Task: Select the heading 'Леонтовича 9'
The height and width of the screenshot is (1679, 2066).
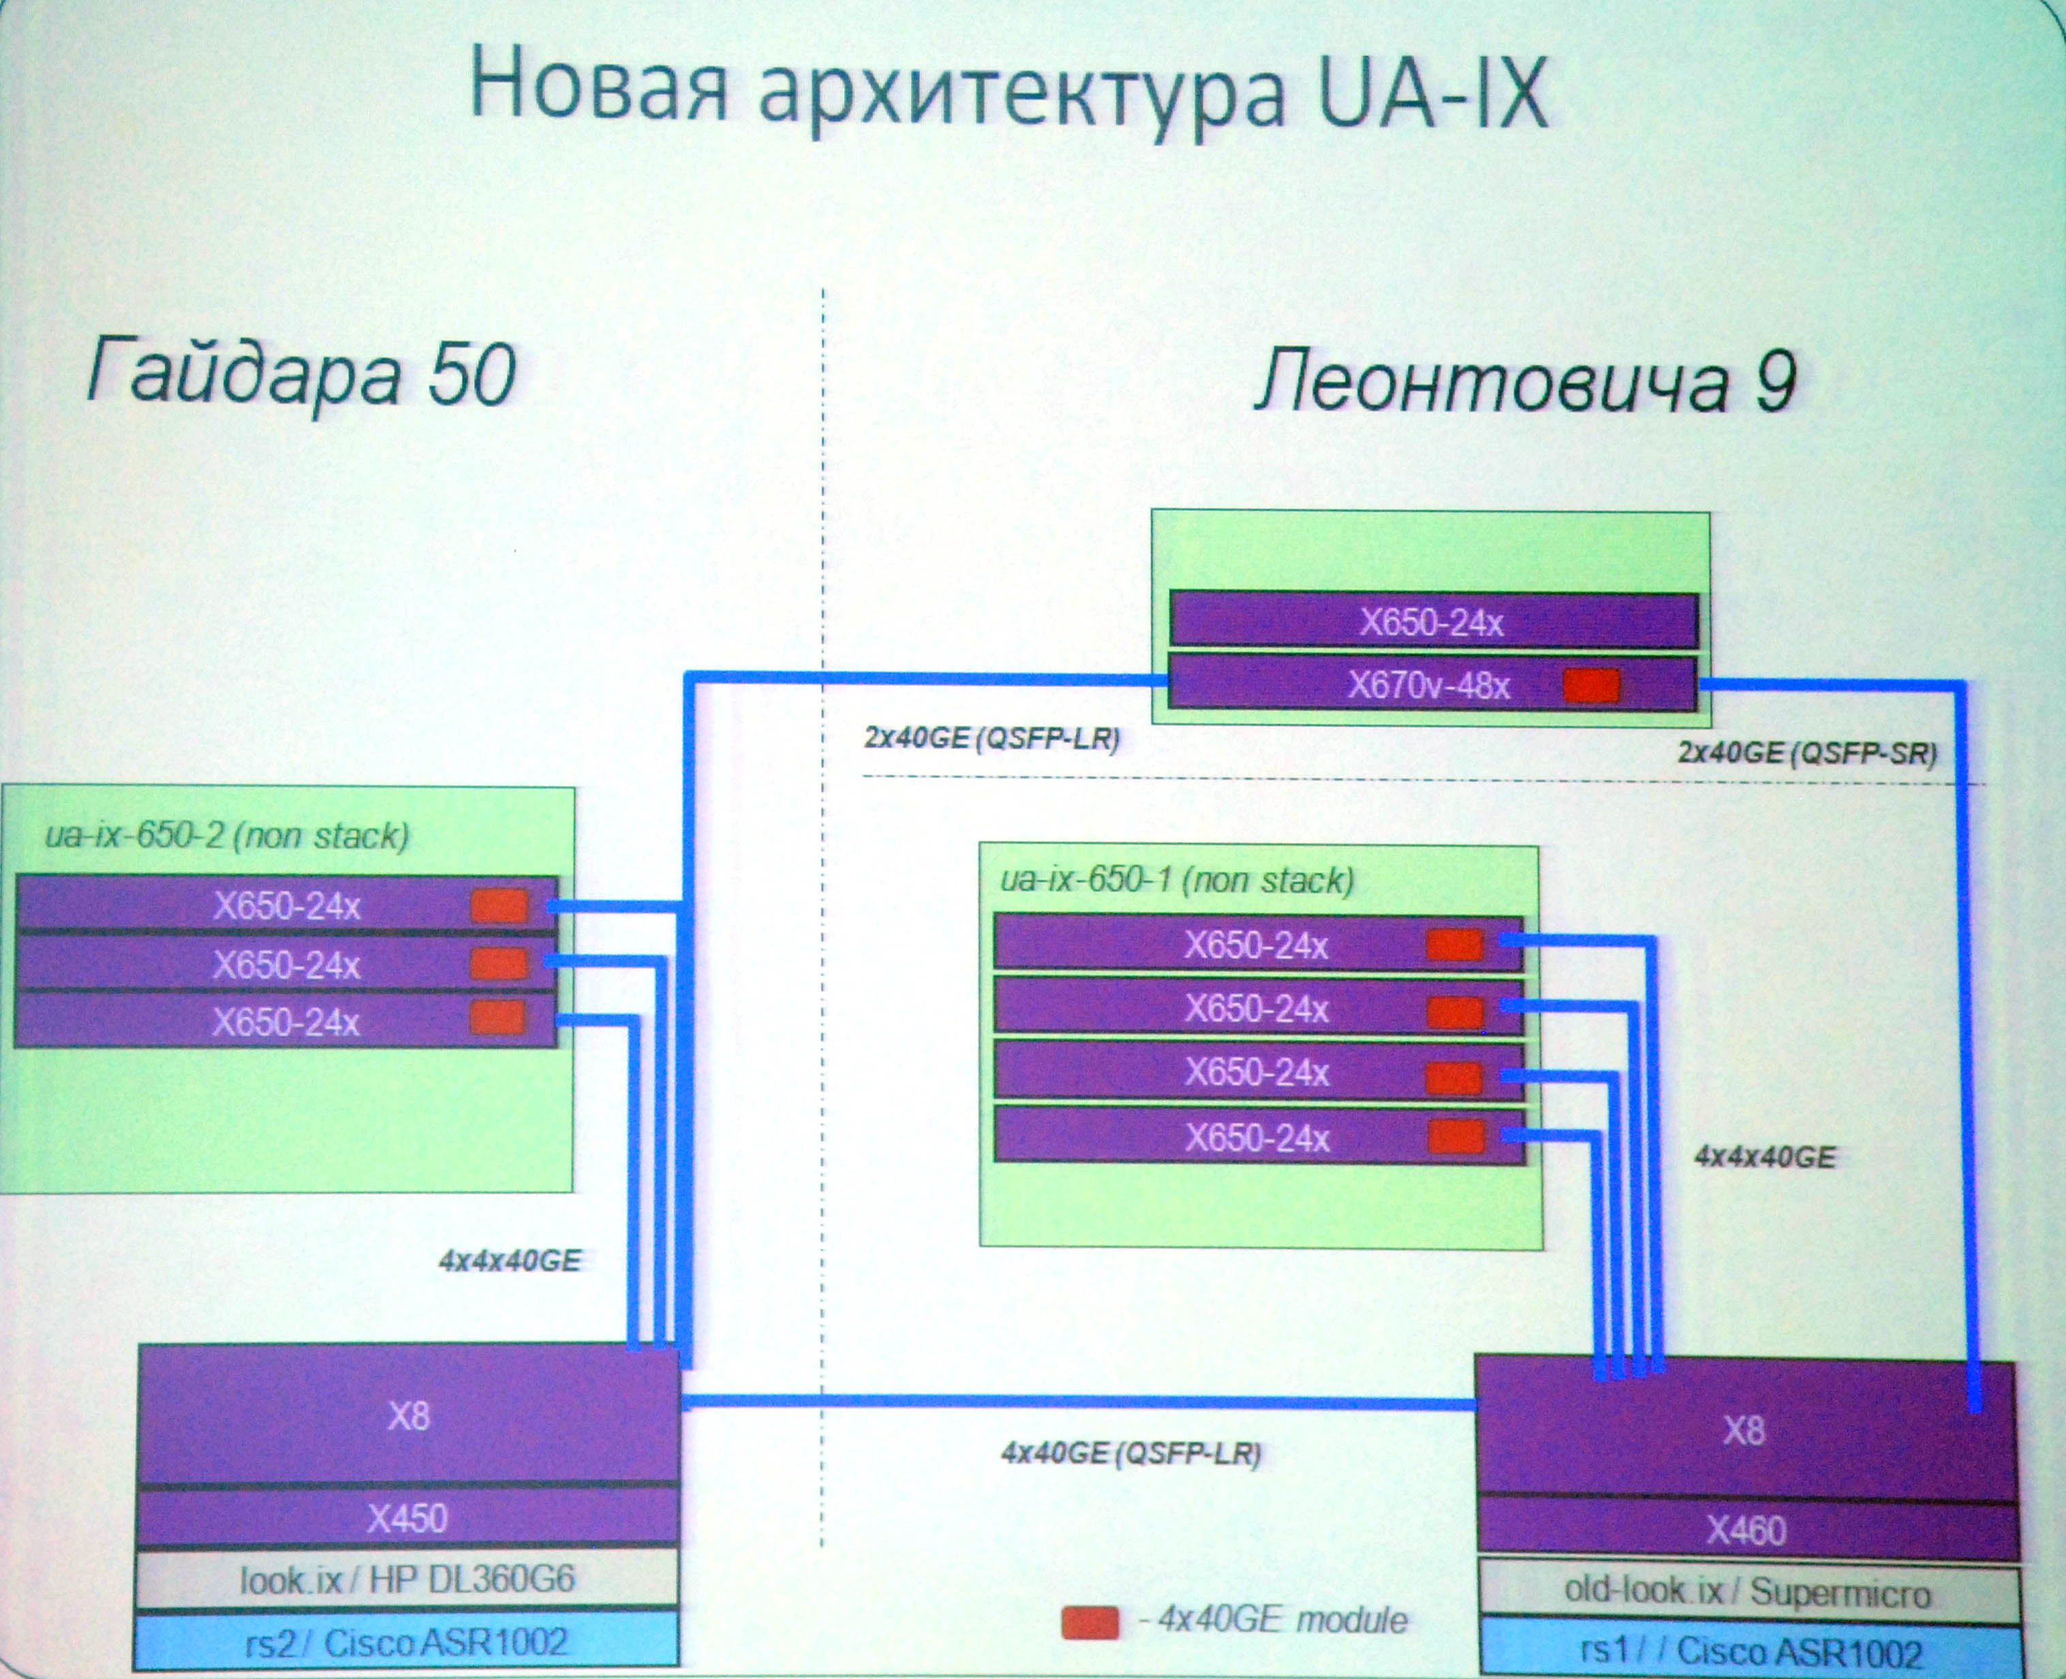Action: pos(1526,382)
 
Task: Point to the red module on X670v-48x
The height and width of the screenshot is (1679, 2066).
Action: pos(1591,686)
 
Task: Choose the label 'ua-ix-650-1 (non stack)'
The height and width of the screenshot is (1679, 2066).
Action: pos(1176,880)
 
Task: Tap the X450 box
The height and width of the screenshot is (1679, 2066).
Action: pos(407,1518)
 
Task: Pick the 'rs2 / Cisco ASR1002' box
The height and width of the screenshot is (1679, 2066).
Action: pos(407,1642)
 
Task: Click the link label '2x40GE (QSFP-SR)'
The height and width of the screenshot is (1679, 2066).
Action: pos(1807,752)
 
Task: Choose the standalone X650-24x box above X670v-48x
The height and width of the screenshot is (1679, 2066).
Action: pos(1432,622)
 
